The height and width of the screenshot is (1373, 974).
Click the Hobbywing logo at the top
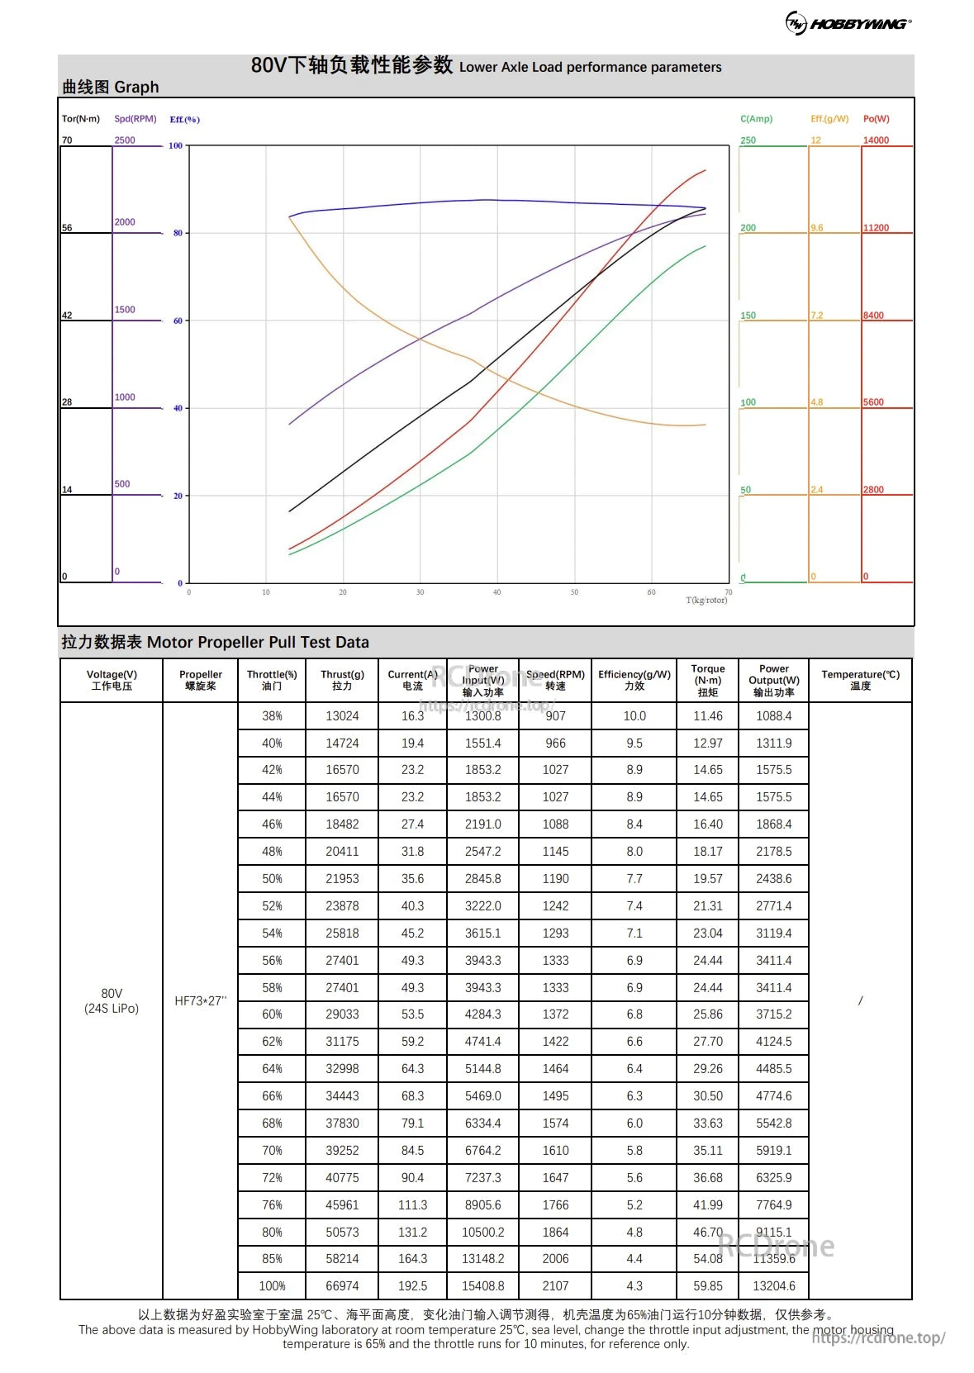tap(848, 23)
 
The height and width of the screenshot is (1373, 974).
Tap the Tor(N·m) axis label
tap(80, 119)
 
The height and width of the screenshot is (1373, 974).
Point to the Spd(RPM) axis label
tap(135, 119)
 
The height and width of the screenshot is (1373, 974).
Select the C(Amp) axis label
tap(756, 119)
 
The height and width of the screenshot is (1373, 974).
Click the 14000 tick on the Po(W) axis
tap(876, 140)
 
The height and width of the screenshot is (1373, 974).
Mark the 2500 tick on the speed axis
tap(125, 140)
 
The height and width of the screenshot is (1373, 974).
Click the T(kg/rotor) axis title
tap(706, 601)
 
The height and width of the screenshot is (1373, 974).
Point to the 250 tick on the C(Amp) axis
tap(748, 140)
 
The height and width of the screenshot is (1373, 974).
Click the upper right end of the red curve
tap(705, 170)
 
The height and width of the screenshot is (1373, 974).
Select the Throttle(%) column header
tap(272, 680)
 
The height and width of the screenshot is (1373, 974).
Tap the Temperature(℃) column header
tap(860, 680)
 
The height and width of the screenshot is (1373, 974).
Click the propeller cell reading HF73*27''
tap(200, 1000)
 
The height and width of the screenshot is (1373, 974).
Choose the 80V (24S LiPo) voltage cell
tap(112, 1000)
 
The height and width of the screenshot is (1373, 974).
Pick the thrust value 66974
tap(342, 1285)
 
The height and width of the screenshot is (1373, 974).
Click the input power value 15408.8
tap(482, 1285)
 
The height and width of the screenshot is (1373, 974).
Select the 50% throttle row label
tap(272, 879)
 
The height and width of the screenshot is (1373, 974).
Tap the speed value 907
tap(555, 716)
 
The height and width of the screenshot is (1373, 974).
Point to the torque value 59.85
tap(708, 1285)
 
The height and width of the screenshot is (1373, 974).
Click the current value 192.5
tap(412, 1285)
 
